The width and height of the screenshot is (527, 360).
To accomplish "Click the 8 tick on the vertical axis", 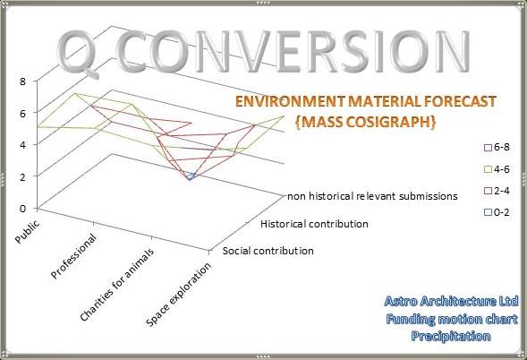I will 22,81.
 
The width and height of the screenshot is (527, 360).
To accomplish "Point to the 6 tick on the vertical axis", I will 22,113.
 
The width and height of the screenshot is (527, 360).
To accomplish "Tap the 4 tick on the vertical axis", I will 22,144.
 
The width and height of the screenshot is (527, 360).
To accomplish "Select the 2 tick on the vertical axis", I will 22,176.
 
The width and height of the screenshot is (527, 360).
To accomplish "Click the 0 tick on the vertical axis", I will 22,209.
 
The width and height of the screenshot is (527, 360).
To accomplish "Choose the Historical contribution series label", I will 313,223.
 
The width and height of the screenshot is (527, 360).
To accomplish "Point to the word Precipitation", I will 451,336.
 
